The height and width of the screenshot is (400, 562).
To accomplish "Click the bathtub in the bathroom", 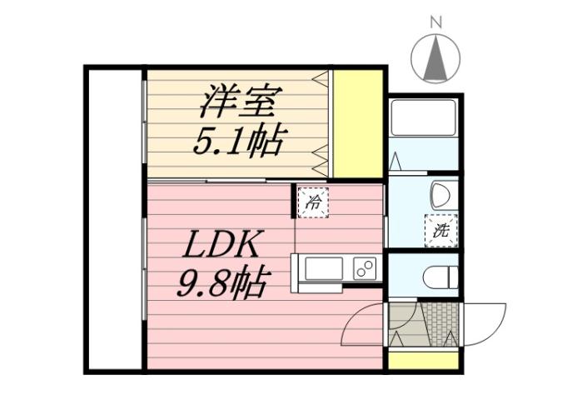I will coord(423,117).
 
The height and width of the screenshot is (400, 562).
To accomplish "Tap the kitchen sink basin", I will coord(324,269).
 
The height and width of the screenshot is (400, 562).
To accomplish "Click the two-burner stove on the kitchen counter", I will coord(364,268).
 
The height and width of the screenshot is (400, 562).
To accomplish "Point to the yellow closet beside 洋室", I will coord(358,123).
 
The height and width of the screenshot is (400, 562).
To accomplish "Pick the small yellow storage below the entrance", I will coord(423,360).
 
